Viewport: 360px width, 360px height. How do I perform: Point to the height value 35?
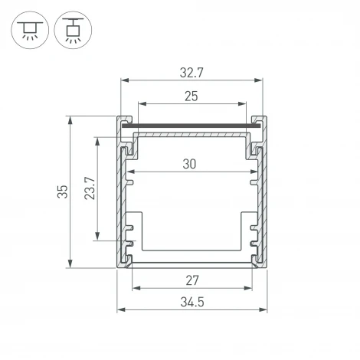point(63,191)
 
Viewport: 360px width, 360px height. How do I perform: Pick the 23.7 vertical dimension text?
point(89,188)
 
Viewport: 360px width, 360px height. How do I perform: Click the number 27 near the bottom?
point(191,279)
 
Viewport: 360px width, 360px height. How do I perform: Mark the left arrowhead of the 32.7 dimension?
point(124,80)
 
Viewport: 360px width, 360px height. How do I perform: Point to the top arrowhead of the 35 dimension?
point(71,119)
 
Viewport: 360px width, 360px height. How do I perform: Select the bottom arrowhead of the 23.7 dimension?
point(97,237)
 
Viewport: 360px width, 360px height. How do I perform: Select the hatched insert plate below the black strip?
point(191,134)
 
